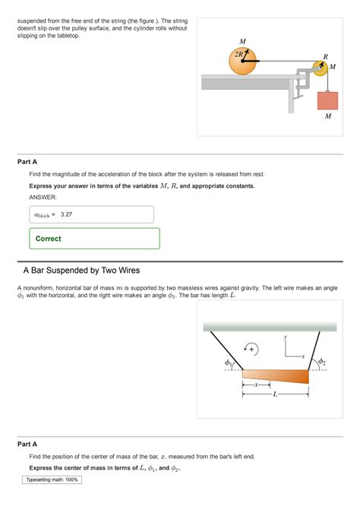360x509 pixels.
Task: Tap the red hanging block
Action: [327, 99]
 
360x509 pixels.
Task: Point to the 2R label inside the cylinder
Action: [239, 54]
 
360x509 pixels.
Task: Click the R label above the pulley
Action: [326, 56]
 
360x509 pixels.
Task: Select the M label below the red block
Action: [327, 117]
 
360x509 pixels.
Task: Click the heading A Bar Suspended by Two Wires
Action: [81, 270]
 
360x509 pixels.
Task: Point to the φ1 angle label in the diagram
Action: [228, 363]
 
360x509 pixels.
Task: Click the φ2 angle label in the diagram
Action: [321, 362]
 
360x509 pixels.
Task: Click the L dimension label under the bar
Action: [275, 396]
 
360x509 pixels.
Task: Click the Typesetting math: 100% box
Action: [52, 480]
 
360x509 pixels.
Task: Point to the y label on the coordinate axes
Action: [286, 337]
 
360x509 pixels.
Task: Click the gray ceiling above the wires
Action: [270, 327]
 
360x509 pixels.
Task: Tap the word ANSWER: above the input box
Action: [43, 197]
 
